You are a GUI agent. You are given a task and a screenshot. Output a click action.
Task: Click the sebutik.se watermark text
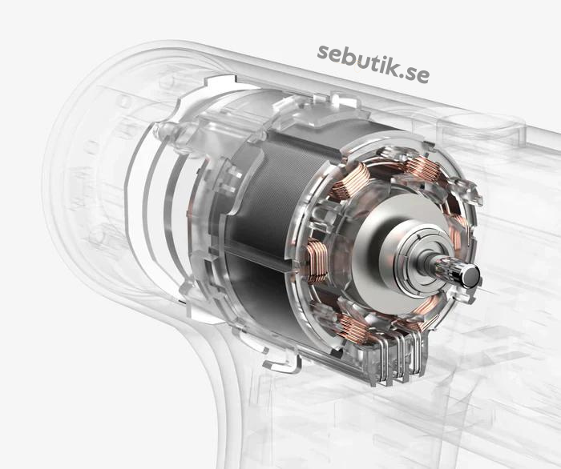coord(373,63)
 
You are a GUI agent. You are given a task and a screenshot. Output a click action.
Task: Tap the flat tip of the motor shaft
coord(472,276)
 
